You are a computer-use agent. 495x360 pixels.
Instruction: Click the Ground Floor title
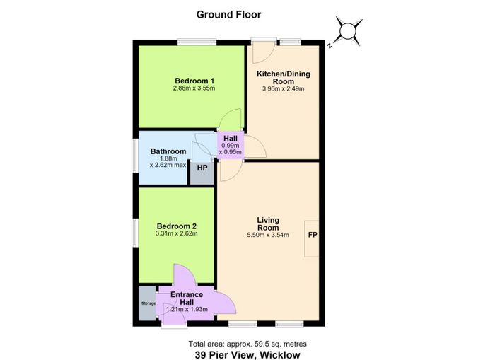point(228,15)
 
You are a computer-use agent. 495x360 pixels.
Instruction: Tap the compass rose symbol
point(347,31)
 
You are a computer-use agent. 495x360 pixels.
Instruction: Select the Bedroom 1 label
point(194,81)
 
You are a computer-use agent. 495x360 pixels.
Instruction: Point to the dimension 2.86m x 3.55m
point(194,88)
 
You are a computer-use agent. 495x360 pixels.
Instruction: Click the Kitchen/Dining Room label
point(284,77)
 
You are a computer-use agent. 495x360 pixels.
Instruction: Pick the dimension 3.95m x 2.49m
point(283,88)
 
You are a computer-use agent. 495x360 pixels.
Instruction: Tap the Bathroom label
point(168,151)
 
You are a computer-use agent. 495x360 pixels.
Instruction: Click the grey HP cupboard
point(202,173)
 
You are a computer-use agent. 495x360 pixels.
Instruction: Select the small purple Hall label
point(231,139)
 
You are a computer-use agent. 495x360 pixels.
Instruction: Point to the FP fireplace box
point(312,239)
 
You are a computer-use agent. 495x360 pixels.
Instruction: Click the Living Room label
point(268,223)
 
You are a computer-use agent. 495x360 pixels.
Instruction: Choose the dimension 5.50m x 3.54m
point(268,235)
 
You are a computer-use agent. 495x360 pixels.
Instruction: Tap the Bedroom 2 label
point(177,226)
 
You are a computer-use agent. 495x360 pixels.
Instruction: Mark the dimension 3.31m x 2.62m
point(177,233)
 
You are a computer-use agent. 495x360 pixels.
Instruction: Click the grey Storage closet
point(148,303)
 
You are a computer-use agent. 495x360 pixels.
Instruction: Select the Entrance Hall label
point(187,298)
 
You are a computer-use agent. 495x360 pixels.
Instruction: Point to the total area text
point(248,344)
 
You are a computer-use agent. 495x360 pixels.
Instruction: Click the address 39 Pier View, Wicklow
point(248,354)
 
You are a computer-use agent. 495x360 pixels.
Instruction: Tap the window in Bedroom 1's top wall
point(197,42)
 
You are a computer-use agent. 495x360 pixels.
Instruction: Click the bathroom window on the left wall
point(135,156)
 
